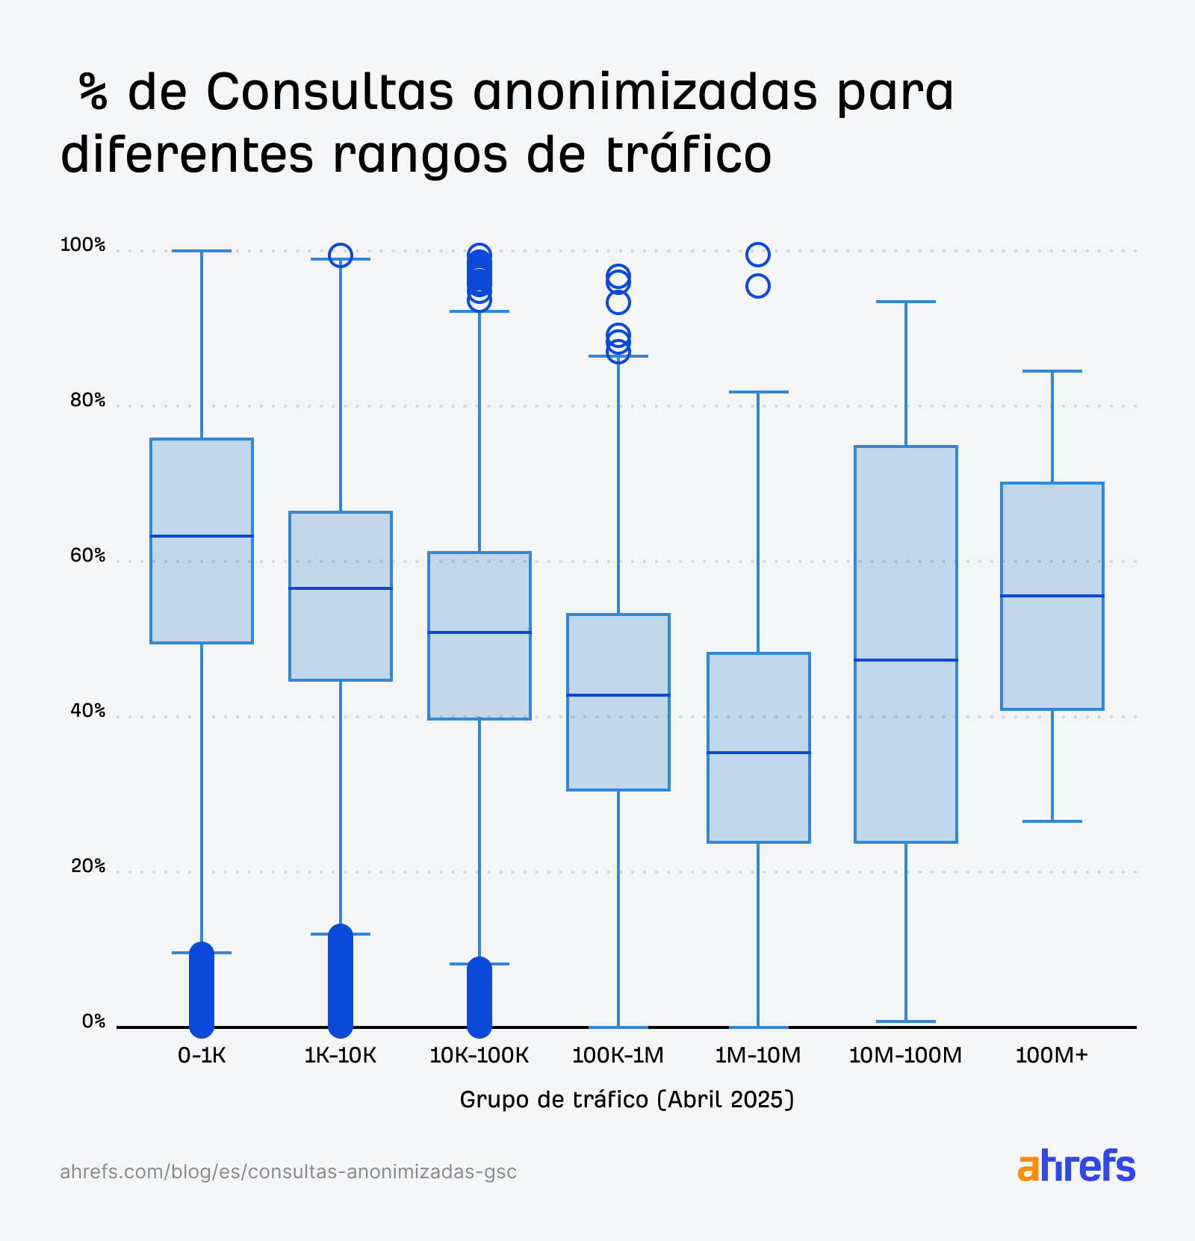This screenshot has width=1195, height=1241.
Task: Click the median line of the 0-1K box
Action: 202,536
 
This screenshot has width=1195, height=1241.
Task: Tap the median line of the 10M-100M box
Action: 906,660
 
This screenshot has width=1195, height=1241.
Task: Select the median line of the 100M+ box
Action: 1052,596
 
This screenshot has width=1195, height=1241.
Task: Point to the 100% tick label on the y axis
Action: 83,245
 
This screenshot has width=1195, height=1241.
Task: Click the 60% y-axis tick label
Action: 88,556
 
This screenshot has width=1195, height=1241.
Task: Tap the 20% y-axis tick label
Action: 88,866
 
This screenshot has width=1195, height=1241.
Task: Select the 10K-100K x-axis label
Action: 479,1056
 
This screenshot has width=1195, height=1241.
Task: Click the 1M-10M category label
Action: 758,1056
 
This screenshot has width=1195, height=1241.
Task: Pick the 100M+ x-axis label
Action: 1052,1056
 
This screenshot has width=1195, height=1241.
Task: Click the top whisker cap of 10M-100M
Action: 906,302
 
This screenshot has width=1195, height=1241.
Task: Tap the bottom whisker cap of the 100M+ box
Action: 1052,821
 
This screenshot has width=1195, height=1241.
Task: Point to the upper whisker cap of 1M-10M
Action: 758,392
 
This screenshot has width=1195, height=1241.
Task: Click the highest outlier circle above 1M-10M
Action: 758,255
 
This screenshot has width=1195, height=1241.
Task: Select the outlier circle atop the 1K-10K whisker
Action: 341,255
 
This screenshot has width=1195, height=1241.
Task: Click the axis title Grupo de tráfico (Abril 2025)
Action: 627,1100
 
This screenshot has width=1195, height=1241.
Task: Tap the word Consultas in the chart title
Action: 329,93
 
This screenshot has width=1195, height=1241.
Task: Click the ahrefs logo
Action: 1076,1166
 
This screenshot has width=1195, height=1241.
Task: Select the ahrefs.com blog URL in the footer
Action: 288,1172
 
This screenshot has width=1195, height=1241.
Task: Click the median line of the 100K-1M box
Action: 618,695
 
